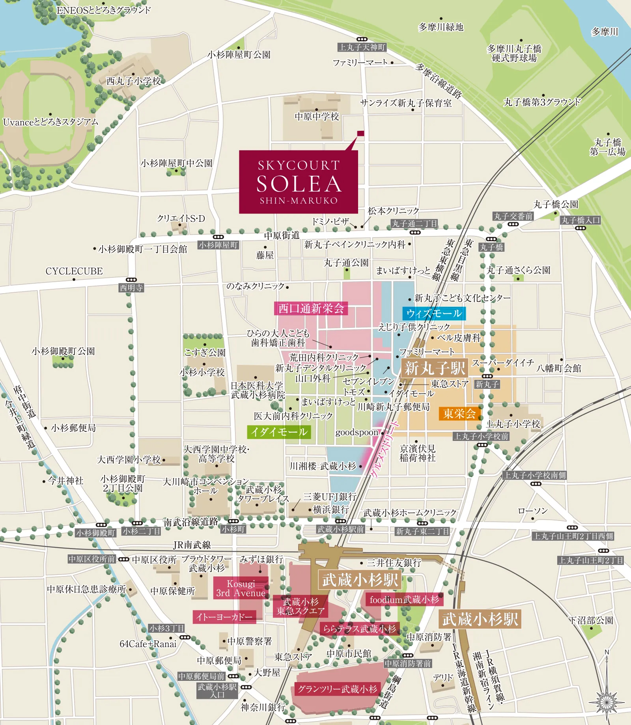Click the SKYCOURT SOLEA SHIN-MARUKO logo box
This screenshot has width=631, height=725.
coord(298,182)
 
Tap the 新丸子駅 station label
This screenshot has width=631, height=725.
coord(435,368)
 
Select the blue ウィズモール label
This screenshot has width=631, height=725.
coord(434,314)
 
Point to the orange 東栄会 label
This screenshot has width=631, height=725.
coord(459,414)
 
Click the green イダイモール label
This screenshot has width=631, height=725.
coord(279,432)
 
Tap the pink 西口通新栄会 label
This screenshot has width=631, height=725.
coord(311,308)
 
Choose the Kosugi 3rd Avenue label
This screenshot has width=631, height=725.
coord(241,588)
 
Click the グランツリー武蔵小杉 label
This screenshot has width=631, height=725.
coord(337,689)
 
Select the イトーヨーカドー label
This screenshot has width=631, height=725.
coord(224,617)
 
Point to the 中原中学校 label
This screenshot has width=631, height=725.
coord(317,117)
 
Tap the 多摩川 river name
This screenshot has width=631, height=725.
coord(605,32)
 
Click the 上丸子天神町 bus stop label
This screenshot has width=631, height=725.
coord(362,47)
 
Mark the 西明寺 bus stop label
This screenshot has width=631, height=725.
coord(131,288)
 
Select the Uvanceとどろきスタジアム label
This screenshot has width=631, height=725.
coord(50,122)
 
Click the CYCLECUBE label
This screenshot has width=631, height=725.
coord(74,271)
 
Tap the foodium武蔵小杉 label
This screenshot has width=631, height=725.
coord(404,600)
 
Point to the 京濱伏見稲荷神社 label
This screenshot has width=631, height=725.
coord(417,453)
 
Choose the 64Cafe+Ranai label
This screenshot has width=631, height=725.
coord(148,644)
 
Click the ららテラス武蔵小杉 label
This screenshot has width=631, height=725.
coord(359,629)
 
